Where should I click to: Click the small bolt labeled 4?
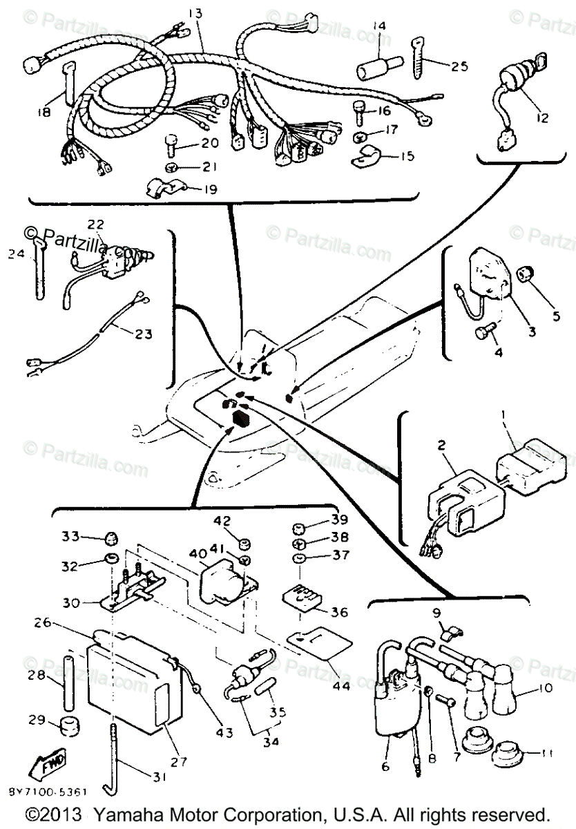point(481,333)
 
